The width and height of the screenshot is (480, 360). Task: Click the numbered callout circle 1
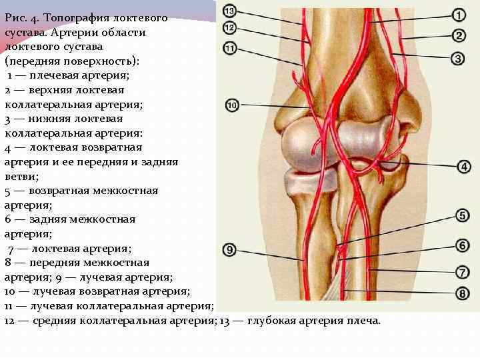click(459, 15)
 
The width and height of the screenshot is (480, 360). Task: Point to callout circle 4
click(463, 166)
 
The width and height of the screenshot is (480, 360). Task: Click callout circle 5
click(463, 215)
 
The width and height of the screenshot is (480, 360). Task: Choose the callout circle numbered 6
click(463, 245)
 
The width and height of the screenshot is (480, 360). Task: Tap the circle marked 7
click(463, 271)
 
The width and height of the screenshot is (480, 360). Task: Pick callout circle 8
click(463, 293)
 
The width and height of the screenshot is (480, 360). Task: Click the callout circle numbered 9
click(229, 250)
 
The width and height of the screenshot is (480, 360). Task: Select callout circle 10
click(233, 105)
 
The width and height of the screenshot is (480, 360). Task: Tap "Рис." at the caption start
click(16, 18)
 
